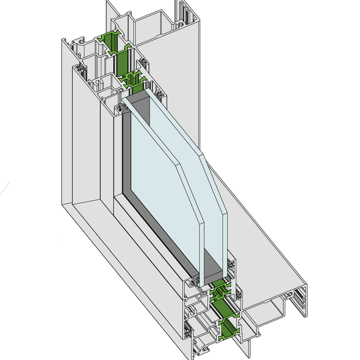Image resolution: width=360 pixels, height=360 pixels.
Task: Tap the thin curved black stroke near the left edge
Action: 4,189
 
